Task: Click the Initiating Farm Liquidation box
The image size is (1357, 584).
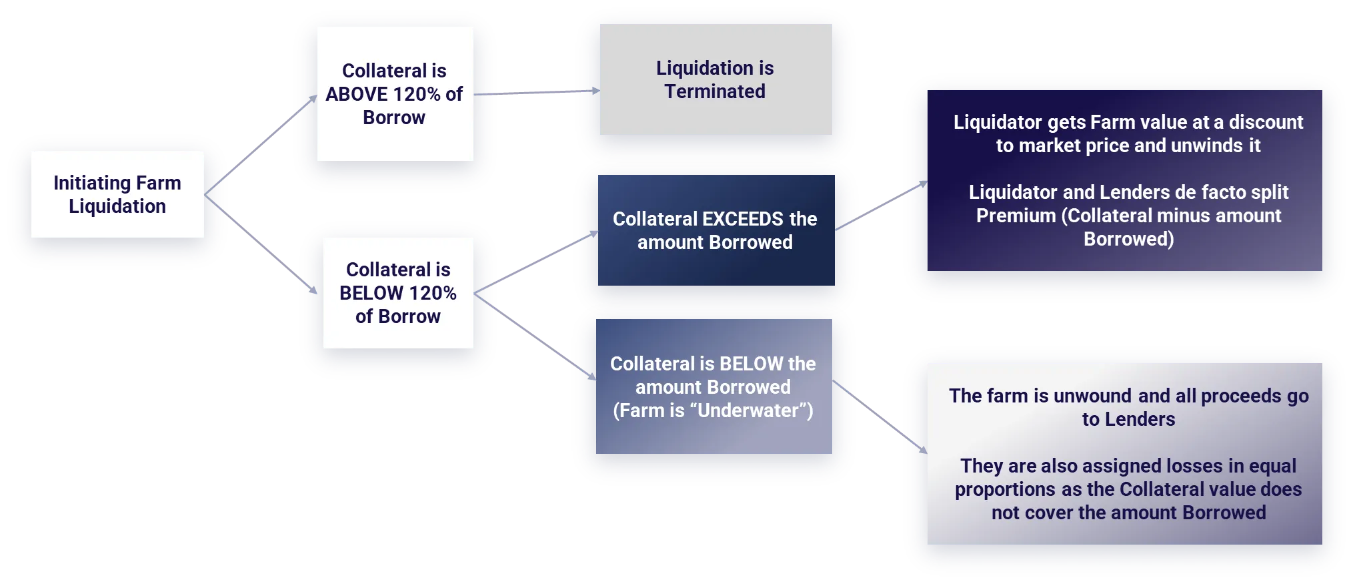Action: point(117,194)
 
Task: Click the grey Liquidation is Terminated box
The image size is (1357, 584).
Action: point(716,79)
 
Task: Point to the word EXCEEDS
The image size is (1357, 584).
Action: point(744,219)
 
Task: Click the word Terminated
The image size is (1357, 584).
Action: point(715,91)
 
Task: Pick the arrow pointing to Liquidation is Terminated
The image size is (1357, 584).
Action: point(537,93)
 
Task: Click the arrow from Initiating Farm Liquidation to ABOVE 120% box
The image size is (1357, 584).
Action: point(261,145)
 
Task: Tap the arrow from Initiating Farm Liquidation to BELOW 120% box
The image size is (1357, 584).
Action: point(261,244)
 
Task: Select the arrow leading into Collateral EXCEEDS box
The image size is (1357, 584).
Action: point(536,262)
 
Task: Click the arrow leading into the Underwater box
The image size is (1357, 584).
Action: point(535,337)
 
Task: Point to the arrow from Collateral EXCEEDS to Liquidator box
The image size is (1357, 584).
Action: point(881,206)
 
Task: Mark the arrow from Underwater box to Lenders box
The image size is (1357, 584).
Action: point(880,417)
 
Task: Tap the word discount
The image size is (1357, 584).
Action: point(1266,122)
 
